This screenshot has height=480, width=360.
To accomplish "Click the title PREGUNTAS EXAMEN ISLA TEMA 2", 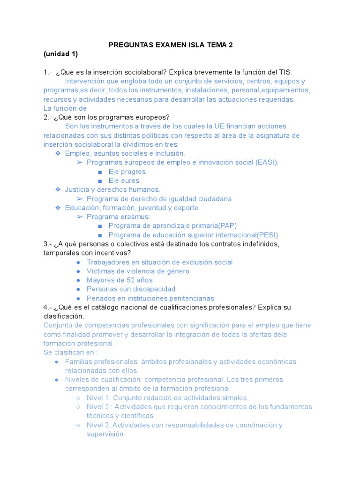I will tap(171, 45).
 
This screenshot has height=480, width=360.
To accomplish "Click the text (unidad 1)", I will tap(60, 54).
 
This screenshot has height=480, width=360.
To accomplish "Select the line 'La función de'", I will tap(65, 108).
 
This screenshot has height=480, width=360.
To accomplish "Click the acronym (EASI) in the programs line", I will tap(266, 162).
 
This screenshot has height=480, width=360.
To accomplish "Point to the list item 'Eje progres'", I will tap(127, 172).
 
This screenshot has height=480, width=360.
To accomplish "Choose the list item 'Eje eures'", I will tap(124, 180).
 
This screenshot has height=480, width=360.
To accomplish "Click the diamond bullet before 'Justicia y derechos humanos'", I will tap(58, 189).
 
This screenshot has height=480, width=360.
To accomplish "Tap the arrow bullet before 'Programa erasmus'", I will tap(80, 217).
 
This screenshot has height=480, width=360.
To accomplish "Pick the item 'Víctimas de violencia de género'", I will tap(138, 271).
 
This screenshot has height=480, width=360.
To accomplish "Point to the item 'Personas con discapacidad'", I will tap(131, 289).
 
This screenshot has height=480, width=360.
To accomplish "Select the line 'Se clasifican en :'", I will tap(71, 352).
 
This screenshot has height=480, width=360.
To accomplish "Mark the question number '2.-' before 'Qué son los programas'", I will tap(47, 117).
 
